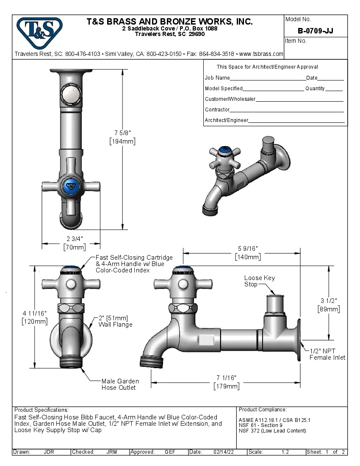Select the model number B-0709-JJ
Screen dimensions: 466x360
[x=315, y=31]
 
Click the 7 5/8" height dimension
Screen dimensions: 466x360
[x=122, y=137]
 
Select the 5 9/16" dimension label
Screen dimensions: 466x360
[x=248, y=252]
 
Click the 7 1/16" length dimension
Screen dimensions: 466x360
[x=226, y=382]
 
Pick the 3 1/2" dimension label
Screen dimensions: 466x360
[x=329, y=305]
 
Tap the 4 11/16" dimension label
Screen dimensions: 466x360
[x=34, y=317]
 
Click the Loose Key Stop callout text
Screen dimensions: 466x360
[x=259, y=281]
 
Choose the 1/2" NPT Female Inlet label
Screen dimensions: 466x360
[x=327, y=354]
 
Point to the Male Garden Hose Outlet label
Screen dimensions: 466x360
[x=120, y=384]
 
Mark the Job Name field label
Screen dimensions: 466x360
[x=217, y=78]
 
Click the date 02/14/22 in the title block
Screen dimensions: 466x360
[x=224, y=452]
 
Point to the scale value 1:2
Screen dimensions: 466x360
[x=285, y=452]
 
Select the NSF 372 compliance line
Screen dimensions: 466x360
[x=272, y=431]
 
